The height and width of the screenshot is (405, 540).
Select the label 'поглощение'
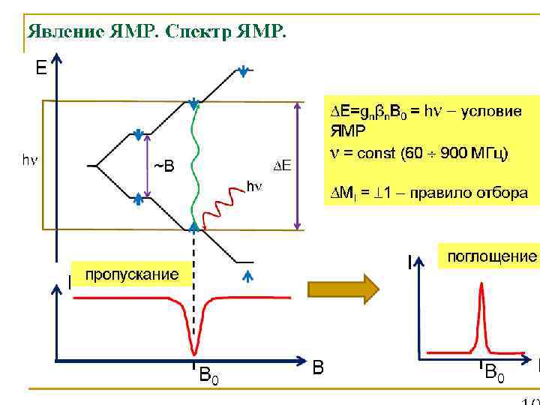coord(491,256)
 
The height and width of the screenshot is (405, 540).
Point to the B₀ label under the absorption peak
coord(495,371)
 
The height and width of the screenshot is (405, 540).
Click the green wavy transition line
coord(196,165)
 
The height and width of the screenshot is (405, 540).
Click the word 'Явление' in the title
coord(64,31)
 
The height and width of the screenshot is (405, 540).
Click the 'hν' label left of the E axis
coord(30,160)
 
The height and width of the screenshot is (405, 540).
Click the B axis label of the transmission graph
coord(319,368)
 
